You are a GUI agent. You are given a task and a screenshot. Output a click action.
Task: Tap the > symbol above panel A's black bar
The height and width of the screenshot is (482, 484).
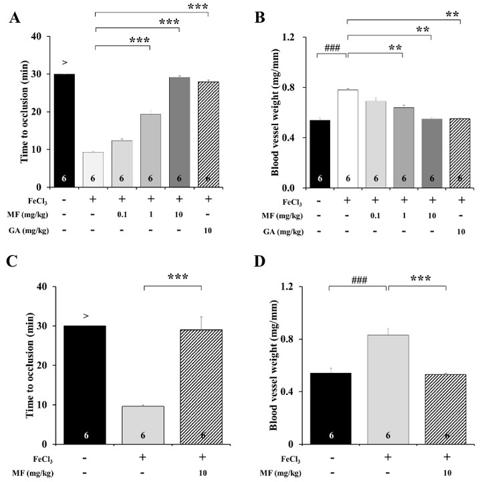point(65,64)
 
